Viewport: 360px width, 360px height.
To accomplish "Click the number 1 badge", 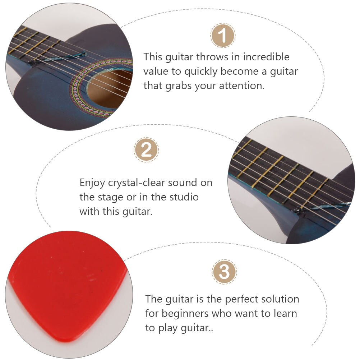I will click(223, 36).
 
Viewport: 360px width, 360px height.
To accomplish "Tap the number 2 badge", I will click(146, 150).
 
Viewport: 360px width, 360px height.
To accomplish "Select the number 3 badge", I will click(225, 272).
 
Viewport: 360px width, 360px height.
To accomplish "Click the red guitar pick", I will click(65, 284).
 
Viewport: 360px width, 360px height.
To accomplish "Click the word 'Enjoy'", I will click(93, 183).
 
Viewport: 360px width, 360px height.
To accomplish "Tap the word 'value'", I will click(157, 71).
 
